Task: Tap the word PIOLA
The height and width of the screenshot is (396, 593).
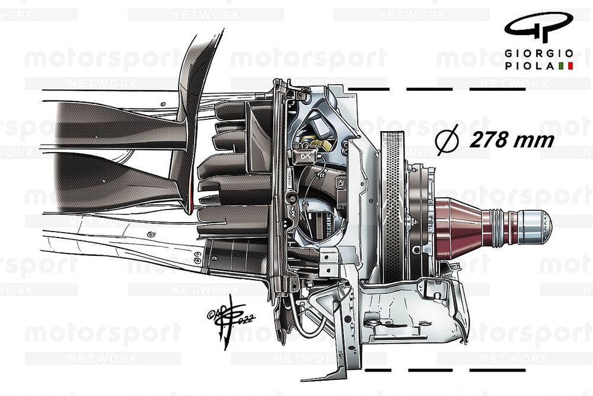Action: [530, 66]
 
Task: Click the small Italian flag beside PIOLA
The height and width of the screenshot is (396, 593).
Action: [566, 66]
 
